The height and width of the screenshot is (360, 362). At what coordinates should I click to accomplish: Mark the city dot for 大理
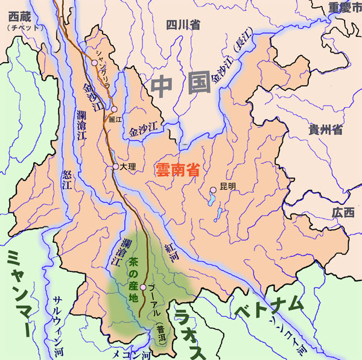(x=115, y=166)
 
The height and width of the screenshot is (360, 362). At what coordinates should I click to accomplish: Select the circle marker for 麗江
(x=113, y=110)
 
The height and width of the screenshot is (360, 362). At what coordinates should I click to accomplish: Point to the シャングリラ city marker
(x=94, y=62)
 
